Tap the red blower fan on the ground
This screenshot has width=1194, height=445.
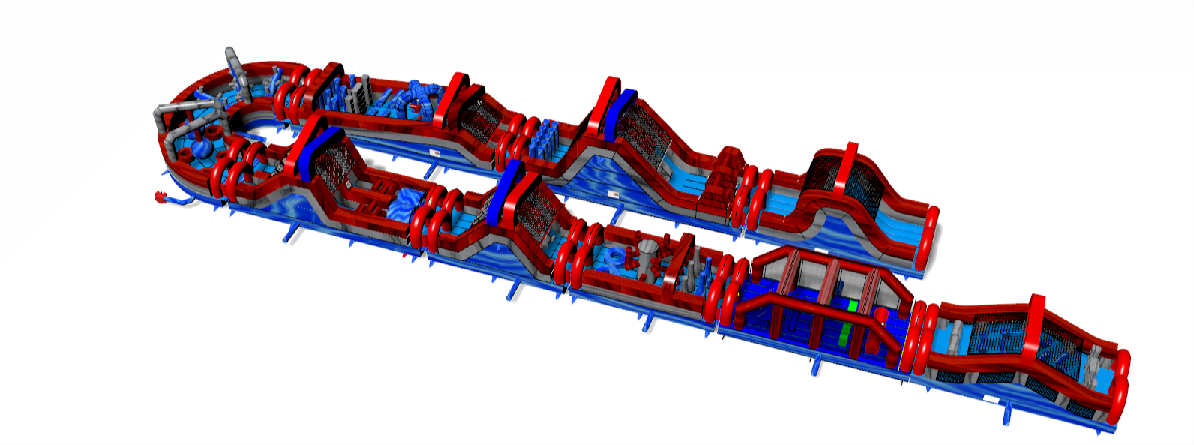160,197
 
